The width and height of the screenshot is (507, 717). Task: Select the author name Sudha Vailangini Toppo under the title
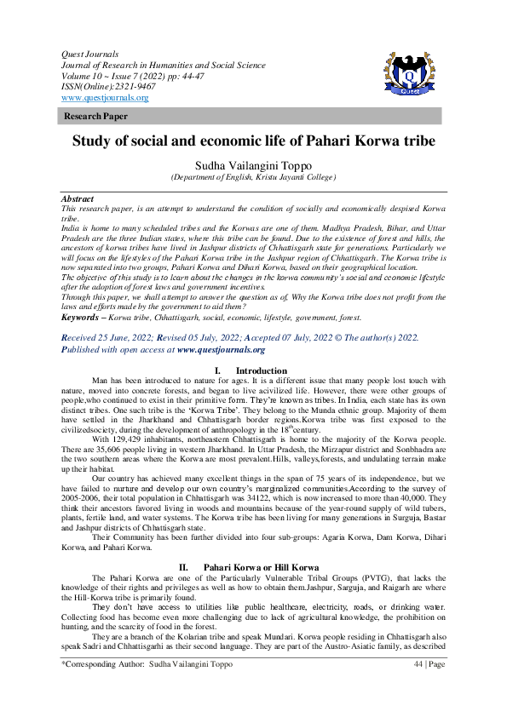[x=253, y=164]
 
